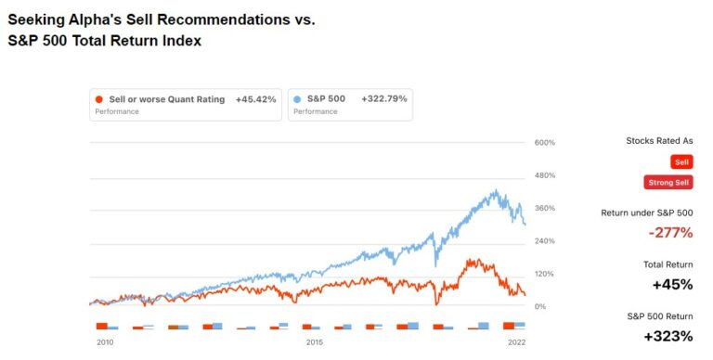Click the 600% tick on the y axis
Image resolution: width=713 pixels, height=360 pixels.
(544, 142)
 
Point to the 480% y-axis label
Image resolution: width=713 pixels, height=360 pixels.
(544, 175)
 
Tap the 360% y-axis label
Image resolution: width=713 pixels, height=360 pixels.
(544, 208)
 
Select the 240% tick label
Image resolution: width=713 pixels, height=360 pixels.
(544, 240)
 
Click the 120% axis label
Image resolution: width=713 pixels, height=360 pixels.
(544, 274)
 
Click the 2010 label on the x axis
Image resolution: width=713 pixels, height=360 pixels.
(105, 341)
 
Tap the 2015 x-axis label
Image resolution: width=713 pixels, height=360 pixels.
(315, 341)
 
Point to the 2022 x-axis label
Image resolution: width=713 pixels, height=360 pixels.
(516, 341)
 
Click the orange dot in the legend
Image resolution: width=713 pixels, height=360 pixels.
(99, 99)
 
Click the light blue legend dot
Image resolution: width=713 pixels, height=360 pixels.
(297, 99)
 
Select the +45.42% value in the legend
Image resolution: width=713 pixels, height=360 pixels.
(255, 99)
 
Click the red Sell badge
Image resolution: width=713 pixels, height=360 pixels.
(682, 161)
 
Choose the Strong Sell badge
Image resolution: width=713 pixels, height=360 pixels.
(668, 182)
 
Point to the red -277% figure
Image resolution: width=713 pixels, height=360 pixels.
(669, 232)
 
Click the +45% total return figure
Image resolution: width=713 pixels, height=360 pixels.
(672, 284)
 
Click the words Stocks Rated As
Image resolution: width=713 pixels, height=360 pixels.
(660, 141)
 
